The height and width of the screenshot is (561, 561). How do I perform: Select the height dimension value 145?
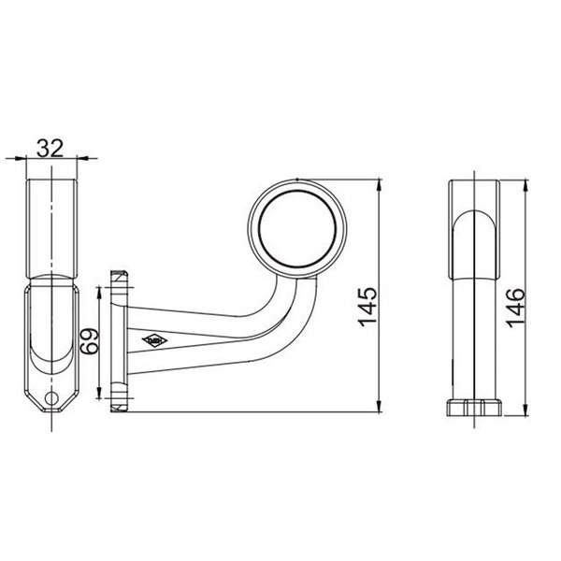point(367,304)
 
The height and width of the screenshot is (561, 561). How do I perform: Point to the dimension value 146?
point(512,305)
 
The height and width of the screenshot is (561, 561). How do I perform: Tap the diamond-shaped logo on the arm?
point(150,340)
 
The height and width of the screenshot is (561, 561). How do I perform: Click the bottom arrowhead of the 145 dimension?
point(381,408)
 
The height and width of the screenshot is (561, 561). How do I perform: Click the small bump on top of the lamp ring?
point(295,178)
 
